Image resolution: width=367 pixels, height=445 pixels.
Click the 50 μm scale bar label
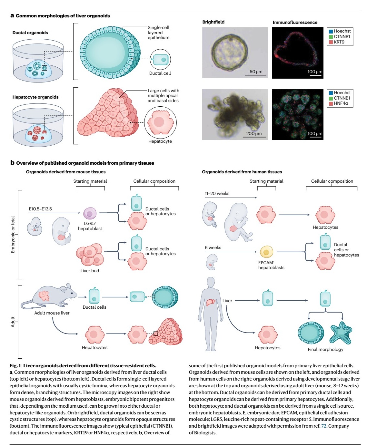256,72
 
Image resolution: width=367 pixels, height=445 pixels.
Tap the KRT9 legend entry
339,42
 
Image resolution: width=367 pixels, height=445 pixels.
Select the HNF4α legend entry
341,103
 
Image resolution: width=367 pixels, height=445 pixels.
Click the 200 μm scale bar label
254,133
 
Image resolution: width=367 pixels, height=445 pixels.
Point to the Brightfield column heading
213,22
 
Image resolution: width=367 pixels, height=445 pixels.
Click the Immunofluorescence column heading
295,22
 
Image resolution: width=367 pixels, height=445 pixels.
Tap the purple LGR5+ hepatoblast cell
90,213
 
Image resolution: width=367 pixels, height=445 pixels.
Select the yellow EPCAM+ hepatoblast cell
266,252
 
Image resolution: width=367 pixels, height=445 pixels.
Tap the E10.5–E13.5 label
40,209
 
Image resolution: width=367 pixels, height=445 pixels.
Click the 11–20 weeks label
217,193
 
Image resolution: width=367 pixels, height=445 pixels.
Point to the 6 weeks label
213,247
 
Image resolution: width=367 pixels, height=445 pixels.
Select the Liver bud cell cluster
90,254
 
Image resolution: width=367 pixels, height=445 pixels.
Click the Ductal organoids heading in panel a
30,33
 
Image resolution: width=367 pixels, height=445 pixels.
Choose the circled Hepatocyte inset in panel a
160,122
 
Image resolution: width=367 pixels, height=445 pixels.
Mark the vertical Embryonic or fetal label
13,234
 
